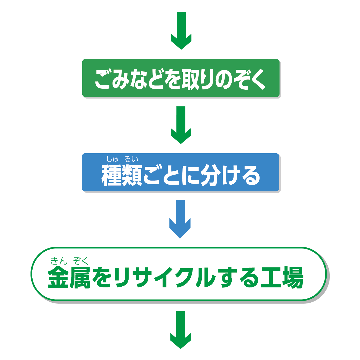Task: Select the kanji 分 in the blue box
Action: [210, 175]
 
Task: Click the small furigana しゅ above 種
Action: [112, 159]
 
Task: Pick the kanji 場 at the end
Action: [292, 278]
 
